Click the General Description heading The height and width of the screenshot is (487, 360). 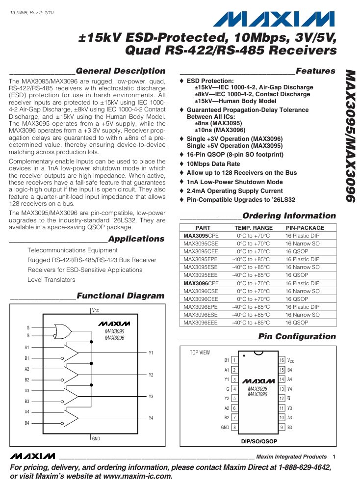pos(121,71)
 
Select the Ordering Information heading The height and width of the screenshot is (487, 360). pos(289,216)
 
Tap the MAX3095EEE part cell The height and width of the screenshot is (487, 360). pos(201,275)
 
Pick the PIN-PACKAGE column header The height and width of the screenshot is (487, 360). pos(305,228)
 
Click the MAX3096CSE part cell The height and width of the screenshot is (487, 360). pos(201,291)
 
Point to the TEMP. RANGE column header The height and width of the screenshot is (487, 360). pos(253,228)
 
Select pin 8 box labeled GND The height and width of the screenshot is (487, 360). pos(234,427)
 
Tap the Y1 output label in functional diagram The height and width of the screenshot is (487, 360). pos(151,353)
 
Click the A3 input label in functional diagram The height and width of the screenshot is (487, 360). pos(27,390)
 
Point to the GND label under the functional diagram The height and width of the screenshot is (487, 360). pos(96,438)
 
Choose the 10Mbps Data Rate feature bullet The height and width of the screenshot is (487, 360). pos(213,163)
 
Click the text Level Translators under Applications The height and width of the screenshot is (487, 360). pos(51,280)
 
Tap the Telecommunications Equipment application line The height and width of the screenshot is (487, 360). pos(73,250)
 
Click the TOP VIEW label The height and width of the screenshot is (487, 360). pos(200,352)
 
